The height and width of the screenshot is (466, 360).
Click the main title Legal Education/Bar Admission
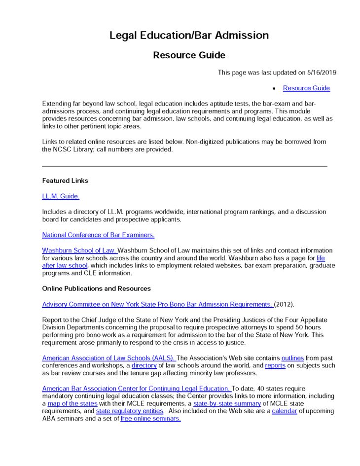point(189,36)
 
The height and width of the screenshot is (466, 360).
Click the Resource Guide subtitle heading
point(189,55)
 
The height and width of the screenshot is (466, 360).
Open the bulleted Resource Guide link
point(306,88)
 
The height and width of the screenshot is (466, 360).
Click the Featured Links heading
point(65,180)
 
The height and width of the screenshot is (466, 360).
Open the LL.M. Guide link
point(61,196)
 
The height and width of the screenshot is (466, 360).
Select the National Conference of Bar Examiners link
point(98,235)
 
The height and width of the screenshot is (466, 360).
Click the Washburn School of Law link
point(79,251)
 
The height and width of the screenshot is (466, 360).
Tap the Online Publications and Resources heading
point(97,288)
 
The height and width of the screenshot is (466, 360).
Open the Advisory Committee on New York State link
point(157,304)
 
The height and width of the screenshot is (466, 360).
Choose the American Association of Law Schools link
point(108,358)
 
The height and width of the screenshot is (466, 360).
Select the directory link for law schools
point(144,366)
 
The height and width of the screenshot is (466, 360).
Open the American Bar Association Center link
point(137,389)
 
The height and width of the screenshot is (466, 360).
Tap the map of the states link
point(72,404)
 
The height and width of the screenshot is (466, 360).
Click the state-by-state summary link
point(227,404)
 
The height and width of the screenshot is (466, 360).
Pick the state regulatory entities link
point(130,411)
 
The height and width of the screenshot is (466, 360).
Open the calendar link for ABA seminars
point(284,411)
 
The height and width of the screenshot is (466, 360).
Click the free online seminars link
point(150,419)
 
